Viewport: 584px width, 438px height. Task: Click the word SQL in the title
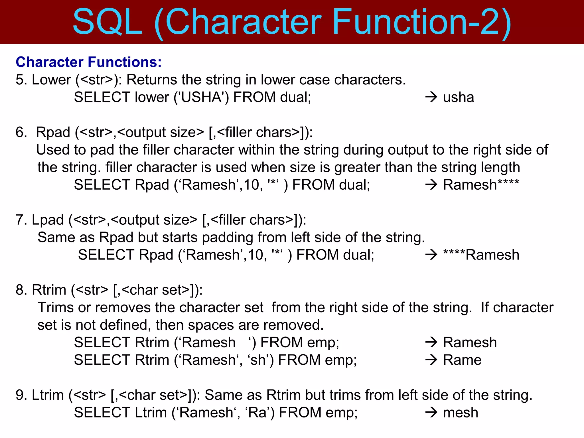(108, 22)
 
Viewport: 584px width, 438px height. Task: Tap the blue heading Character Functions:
(89, 62)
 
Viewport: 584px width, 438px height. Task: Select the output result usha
(458, 97)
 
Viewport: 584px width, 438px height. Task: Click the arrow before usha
(431, 97)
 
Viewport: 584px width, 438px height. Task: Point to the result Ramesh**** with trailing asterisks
(481, 185)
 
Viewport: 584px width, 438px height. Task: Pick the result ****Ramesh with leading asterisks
(481, 255)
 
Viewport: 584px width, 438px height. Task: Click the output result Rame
(462, 360)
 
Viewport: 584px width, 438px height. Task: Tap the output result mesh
(460, 413)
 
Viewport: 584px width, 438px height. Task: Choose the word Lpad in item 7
(48, 220)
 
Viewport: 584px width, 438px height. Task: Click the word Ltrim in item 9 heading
(48, 395)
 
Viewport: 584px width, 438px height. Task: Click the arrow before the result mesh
(431, 413)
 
